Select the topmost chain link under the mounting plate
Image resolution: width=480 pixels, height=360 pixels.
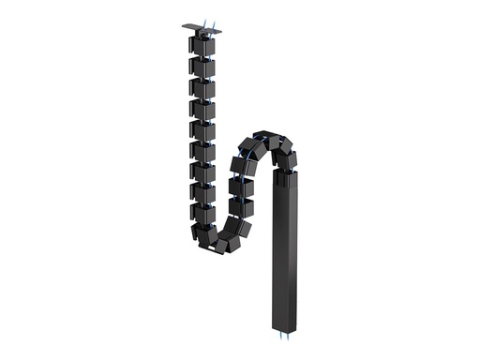tap(202, 46)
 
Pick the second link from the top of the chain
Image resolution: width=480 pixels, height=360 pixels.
tap(202, 67)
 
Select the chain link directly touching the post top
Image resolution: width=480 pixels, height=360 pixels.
tap(287, 159)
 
